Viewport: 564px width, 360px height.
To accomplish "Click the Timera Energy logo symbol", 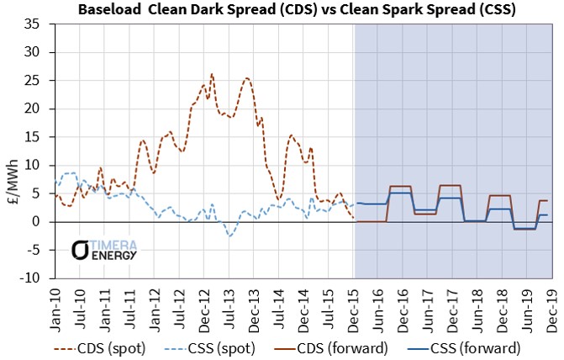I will [x=79, y=249].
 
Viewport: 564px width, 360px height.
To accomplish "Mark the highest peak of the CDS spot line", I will [x=211, y=73].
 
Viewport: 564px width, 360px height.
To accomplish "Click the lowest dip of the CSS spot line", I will [x=229, y=236].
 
